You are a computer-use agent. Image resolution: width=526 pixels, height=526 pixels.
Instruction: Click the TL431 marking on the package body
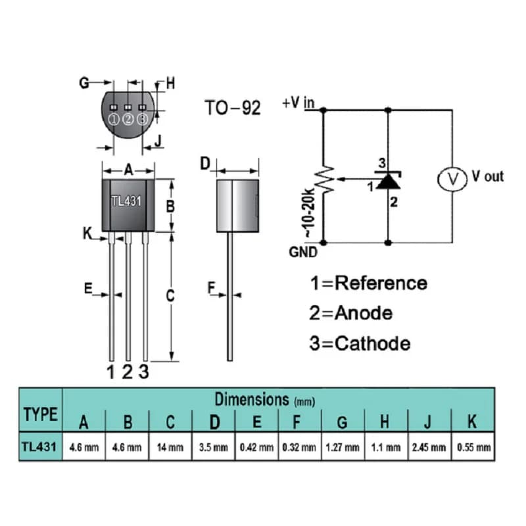[x=126, y=201]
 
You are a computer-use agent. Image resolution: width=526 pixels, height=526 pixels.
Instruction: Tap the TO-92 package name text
[x=233, y=108]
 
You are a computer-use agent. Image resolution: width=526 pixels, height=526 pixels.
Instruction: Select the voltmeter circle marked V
[x=452, y=179]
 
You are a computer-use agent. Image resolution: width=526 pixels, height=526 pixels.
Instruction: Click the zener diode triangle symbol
[x=388, y=181]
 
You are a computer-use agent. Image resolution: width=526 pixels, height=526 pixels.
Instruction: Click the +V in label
[x=299, y=103]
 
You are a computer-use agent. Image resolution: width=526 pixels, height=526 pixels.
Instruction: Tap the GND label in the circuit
[x=303, y=252]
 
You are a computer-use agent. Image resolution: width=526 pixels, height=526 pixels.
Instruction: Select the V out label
[x=487, y=176]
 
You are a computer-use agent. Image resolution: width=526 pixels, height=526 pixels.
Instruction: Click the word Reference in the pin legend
[x=381, y=283]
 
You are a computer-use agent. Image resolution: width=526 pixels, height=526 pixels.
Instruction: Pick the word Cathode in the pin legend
[x=372, y=343]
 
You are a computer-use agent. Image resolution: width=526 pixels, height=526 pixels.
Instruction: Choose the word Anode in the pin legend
[x=364, y=313]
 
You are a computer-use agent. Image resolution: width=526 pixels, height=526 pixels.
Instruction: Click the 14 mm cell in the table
[x=170, y=447]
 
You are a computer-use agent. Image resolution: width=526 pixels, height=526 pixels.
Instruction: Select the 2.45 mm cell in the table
[x=429, y=447]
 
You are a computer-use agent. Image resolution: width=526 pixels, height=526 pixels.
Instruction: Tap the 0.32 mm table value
[x=299, y=447]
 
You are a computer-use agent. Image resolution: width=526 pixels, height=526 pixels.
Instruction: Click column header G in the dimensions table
[x=342, y=422]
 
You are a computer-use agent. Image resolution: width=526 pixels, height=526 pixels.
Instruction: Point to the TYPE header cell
[x=41, y=414]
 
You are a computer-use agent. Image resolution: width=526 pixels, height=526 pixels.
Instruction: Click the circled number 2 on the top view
[x=128, y=119]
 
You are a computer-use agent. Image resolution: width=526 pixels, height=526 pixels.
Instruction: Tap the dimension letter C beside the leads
[x=170, y=295]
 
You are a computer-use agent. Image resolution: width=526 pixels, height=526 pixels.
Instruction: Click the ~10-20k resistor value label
[x=310, y=213]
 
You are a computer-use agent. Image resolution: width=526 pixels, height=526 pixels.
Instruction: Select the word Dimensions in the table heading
[x=252, y=399]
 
